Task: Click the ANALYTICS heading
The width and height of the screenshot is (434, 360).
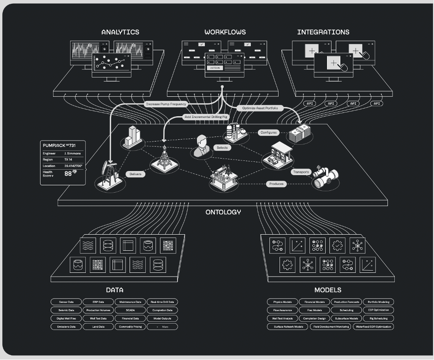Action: coord(120,32)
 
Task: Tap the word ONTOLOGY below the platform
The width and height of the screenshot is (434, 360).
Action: coord(223,212)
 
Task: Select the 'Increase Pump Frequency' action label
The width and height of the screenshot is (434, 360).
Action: coord(166,104)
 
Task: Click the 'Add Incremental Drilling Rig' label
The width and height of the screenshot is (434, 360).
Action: coord(206,117)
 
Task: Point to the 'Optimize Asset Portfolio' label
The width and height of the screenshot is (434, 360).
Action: coord(261,108)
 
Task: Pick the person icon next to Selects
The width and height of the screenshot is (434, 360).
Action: coord(201,147)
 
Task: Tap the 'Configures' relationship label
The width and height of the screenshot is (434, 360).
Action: coord(268,132)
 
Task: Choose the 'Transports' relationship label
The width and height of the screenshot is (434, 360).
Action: coord(301,172)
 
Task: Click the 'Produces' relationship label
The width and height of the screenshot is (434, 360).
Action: coord(276,183)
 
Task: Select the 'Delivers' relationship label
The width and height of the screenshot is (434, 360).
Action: coord(136,174)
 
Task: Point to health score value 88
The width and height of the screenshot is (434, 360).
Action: coord(68,174)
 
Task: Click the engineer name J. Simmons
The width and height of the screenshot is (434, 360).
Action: coord(72,153)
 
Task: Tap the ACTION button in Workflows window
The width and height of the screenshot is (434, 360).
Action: coord(215,68)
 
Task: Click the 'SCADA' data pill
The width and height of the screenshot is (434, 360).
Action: coord(130,310)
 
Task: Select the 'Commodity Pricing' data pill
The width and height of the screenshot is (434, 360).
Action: coord(130,326)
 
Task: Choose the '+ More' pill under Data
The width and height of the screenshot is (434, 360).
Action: coord(162,326)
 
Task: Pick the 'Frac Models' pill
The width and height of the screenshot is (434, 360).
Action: coord(315,310)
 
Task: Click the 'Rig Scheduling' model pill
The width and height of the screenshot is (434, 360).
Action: coord(378,318)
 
